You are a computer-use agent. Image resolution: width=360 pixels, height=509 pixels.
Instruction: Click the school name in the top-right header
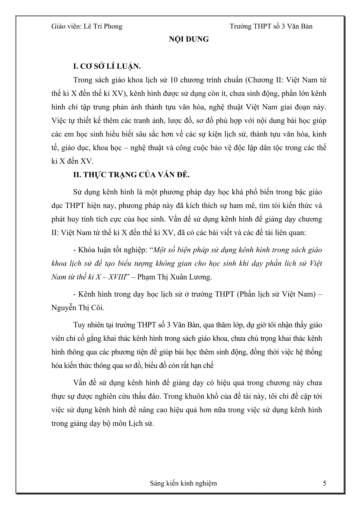(271, 26)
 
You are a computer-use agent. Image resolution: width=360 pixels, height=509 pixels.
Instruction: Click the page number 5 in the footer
(325, 483)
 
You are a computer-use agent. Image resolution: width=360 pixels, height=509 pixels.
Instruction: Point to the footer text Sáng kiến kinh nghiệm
(183, 483)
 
